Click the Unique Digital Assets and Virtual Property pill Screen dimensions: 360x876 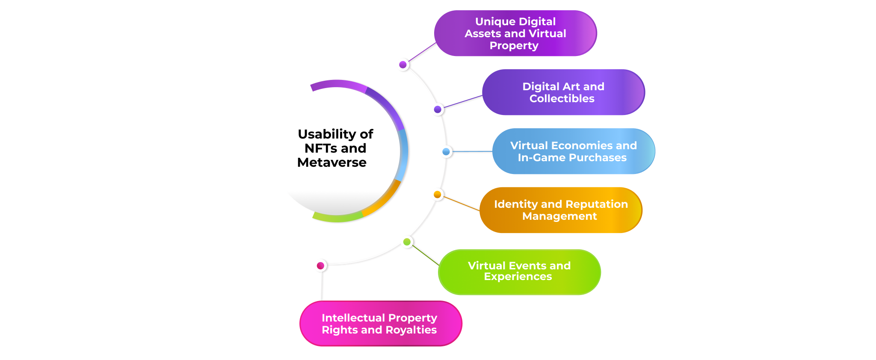(515, 33)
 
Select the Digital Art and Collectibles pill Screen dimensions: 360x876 (563, 92)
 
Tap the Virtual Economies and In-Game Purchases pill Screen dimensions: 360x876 (573, 151)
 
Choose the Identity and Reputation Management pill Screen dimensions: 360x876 (560, 210)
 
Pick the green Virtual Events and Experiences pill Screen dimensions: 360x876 (519, 272)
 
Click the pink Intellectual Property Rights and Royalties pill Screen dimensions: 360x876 (380, 324)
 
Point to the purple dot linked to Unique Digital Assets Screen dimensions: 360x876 (403, 65)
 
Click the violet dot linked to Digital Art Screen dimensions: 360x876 (438, 109)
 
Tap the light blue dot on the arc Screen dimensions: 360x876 (446, 151)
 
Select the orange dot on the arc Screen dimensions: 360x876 (437, 195)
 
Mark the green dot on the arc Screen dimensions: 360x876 (407, 242)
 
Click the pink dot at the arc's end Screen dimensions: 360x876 (320, 266)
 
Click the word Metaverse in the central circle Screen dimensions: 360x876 (332, 162)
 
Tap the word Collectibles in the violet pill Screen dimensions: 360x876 (562, 99)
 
